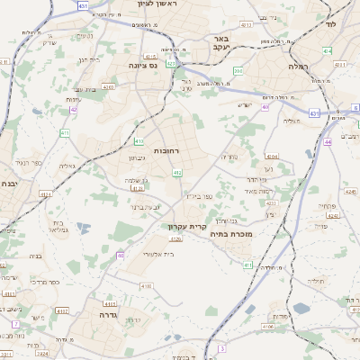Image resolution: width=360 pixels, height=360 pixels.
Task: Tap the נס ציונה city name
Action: [x=141, y=64]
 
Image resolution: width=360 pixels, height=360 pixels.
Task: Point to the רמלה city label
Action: [x=298, y=67]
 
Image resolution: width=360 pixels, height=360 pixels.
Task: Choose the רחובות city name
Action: [x=166, y=151]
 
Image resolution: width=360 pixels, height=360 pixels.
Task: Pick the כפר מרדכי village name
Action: [x=42, y=282]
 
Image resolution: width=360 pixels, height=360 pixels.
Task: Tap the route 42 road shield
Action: [x=73, y=110]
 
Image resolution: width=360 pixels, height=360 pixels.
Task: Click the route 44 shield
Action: [x=328, y=142]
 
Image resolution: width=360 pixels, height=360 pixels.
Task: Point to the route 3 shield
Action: [x=220, y=347]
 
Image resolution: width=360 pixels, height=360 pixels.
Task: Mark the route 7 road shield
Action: [x=15, y=323]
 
